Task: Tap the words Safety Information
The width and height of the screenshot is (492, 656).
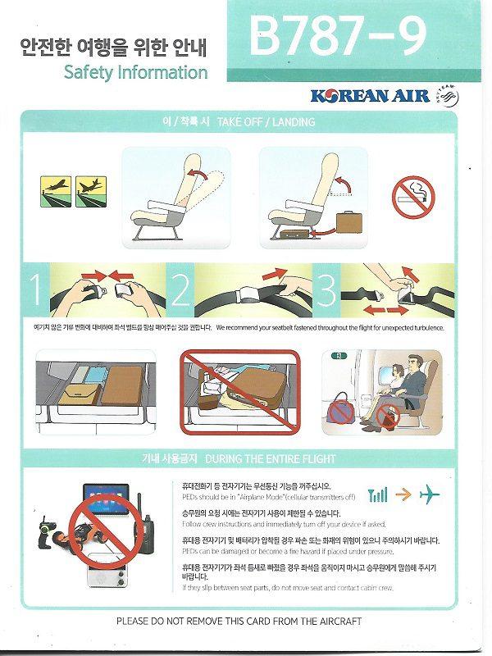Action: (x=136, y=72)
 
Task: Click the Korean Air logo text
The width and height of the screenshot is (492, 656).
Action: (x=370, y=96)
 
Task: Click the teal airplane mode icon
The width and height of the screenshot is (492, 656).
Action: (x=429, y=494)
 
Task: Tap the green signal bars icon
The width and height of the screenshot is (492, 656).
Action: (x=378, y=494)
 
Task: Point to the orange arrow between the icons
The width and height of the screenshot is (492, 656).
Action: (x=403, y=494)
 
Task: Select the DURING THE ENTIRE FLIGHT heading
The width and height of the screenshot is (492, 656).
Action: (x=270, y=458)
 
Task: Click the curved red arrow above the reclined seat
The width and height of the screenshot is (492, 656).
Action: (x=195, y=175)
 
